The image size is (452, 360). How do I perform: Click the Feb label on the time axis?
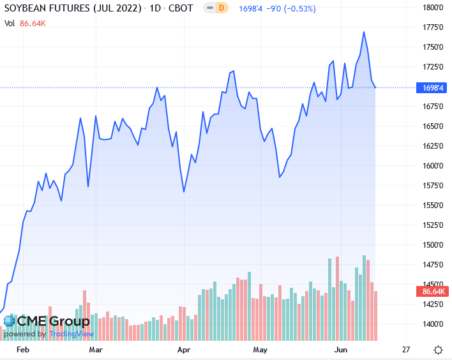coord(23,350)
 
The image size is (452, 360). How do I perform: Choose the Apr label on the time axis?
coord(185,350)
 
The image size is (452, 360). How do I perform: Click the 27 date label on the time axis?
coord(406,350)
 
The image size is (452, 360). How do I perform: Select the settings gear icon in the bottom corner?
coord(439,350)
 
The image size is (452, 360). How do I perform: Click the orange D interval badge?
coord(221,8)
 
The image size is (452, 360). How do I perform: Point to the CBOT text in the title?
coord(178,8)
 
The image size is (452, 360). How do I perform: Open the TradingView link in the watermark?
coord(72,334)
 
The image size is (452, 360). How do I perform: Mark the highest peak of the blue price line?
coord(364,31)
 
